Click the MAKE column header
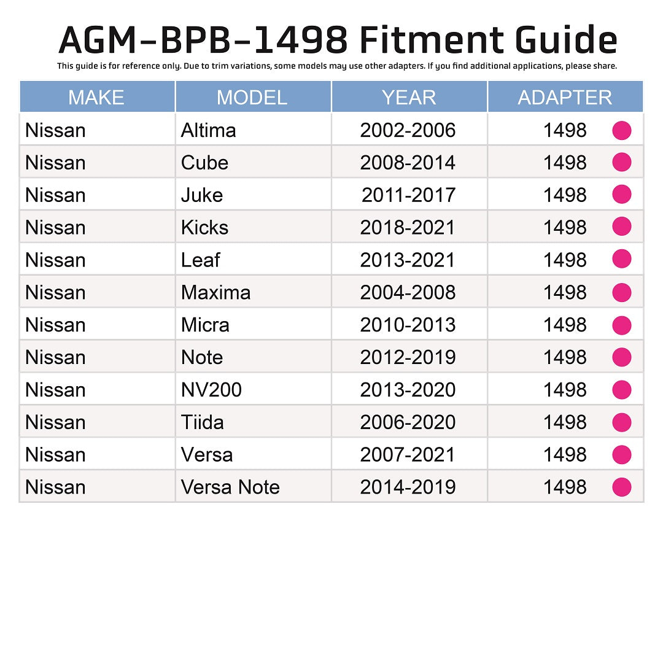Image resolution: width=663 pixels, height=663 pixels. tap(96, 97)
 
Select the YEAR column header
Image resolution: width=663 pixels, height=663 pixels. tap(408, 97)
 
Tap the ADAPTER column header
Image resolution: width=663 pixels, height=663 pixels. tap(565, 97)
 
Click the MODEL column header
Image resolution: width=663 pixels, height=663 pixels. tap(252, 97)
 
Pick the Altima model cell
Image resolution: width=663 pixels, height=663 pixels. tap(209, 130)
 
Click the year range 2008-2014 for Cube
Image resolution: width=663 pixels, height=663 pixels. tap(408, 163)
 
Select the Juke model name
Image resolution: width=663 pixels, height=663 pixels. tap(202, 195)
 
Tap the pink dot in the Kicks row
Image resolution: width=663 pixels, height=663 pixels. tap(622, 227)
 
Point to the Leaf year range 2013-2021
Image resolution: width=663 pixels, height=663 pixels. tap(408, 260)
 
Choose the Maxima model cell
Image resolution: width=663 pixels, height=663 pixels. tap(215, 292)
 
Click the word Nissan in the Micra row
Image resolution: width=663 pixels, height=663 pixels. tap(55, 325)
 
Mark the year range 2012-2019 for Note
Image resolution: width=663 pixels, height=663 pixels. tap(408, 357)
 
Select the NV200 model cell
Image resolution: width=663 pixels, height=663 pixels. tap(211, 390)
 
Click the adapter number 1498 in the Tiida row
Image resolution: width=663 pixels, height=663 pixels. tap(565, 422)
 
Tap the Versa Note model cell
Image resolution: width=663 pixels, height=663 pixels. tap(230, 487)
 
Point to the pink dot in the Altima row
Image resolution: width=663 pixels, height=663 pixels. tap(622, 130)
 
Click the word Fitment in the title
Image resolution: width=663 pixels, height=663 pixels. tap(433, 41)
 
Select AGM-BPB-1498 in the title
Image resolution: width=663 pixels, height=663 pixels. tap(203, 41)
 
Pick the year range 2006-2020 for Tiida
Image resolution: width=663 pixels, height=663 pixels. tap(408, 422)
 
